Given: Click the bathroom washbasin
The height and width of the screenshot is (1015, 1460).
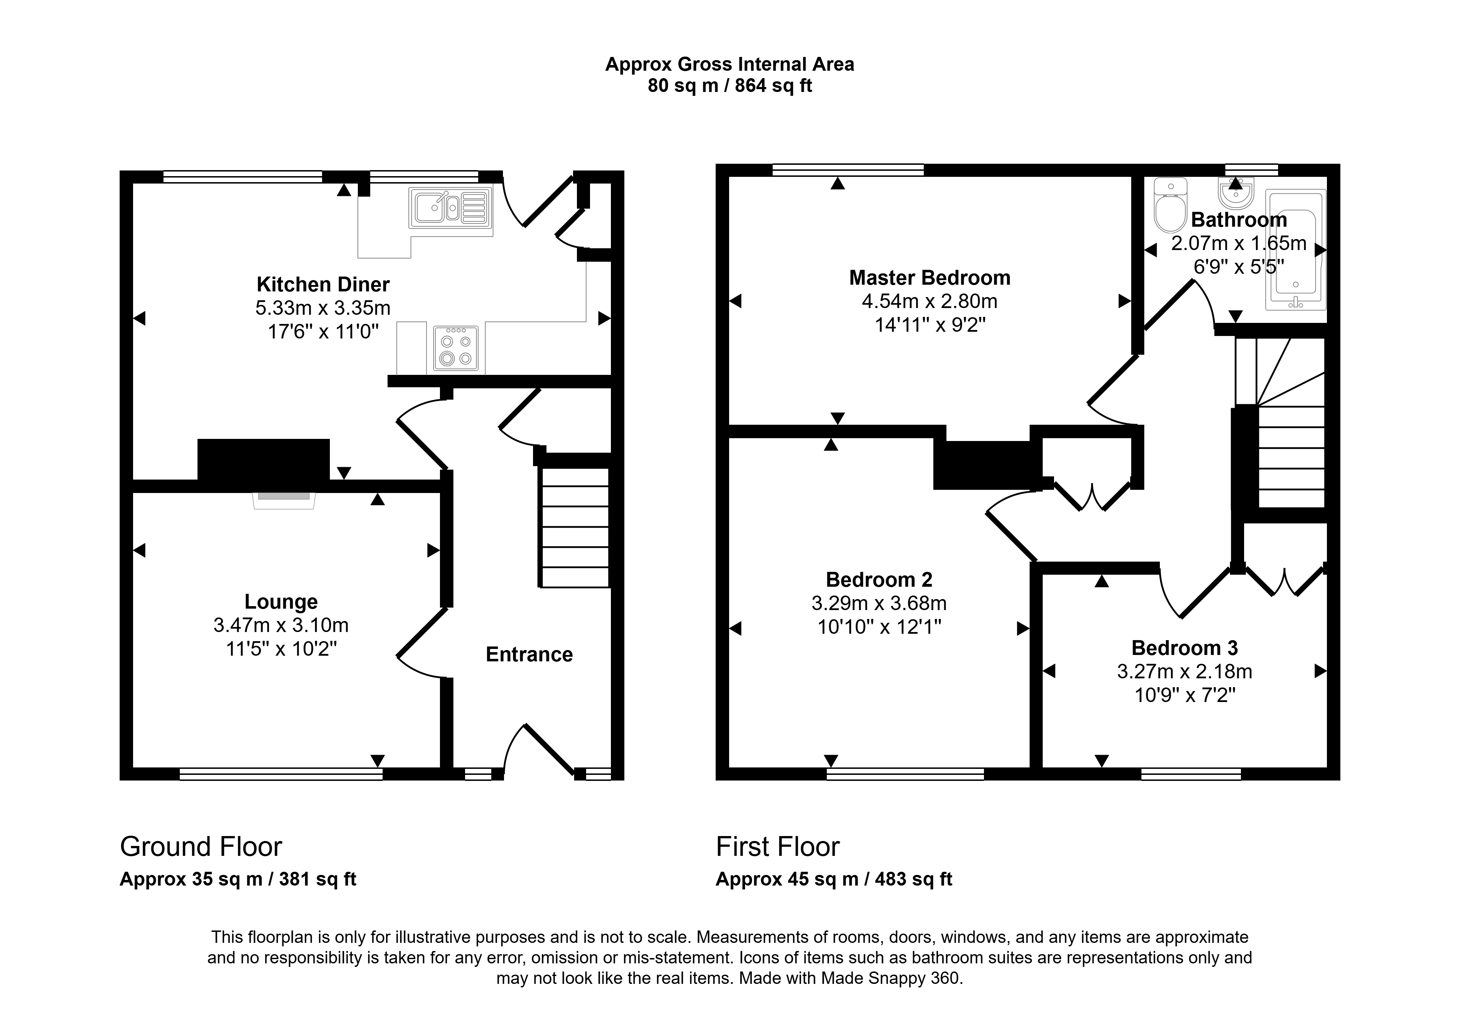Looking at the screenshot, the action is pos(1236,193).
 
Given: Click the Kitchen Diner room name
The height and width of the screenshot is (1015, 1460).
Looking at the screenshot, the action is pos(323,284).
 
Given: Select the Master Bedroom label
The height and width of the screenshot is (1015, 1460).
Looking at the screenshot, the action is pos(930,278).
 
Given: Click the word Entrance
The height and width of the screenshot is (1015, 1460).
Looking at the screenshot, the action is pos(529,655).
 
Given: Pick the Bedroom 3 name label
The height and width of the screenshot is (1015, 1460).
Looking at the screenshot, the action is pos(1185,648).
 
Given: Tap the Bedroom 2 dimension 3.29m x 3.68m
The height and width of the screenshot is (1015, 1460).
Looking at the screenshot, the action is pos(879,603).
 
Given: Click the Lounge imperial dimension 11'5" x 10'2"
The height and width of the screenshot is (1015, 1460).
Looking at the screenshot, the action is pos(281,649).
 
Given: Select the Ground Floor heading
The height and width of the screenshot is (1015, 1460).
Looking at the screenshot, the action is pos(201,847).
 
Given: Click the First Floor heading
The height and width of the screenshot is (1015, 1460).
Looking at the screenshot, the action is pos(778,847).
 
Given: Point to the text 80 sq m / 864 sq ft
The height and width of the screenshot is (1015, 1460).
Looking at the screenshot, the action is pos(729,85).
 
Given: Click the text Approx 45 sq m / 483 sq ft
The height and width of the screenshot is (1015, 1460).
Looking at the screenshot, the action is pos(834,879).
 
